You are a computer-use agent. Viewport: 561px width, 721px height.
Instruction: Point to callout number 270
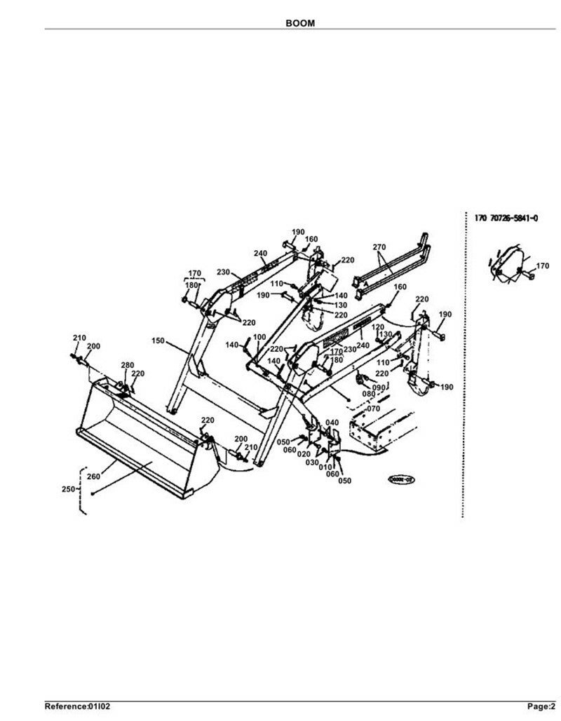point(379,247)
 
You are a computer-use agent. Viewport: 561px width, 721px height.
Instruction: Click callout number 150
point(158,341)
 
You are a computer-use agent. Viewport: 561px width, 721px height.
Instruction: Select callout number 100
point(259,338)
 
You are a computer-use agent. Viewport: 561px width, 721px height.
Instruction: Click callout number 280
point(127,365)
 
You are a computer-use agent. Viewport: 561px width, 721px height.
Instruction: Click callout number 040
point(332,422)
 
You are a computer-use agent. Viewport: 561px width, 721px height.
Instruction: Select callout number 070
point(372,408)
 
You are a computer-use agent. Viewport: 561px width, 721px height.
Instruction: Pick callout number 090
point(380,387)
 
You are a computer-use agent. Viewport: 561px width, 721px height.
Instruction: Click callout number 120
point(377,327)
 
